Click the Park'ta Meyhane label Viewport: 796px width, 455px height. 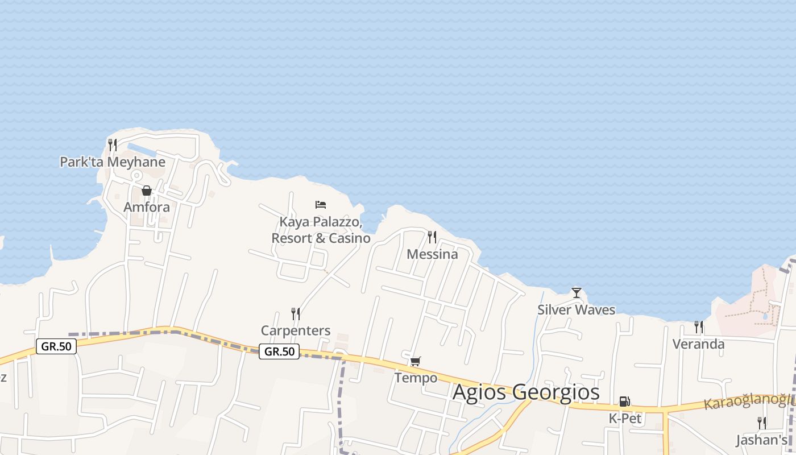click(113, 162)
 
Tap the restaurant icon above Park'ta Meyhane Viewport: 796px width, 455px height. click(113, 145)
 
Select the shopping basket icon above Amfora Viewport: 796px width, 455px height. click(147, 191)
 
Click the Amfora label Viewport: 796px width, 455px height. click(147, 207)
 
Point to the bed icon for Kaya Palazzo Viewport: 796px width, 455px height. click(321, 205)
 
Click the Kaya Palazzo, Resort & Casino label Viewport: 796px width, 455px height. click(321, 230)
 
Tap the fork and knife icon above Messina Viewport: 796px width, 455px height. click(432, 237)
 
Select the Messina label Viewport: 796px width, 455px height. click(432, 254)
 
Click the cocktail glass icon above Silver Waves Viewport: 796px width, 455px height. click(577, 293)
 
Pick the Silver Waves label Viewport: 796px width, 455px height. click(577, 310)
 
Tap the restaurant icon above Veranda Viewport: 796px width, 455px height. click(698, 327)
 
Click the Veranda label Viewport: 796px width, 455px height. click(698, 344)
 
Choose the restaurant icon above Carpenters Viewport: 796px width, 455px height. click(296, 313)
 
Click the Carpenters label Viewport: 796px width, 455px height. click(296, 330)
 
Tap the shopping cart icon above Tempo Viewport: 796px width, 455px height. click(416, 361)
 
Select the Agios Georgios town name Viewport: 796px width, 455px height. click(526, 392)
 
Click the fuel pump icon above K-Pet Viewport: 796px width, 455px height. click(624, 402)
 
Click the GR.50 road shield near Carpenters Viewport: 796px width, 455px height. click(279, 351)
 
